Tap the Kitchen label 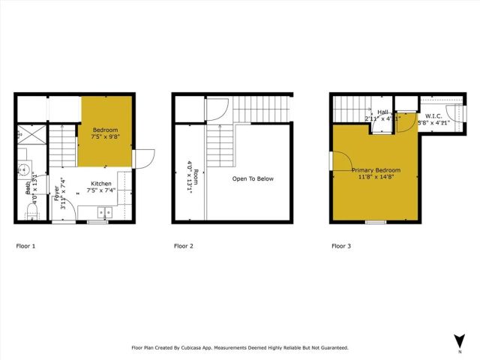point(102,184)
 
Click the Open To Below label point(253,178)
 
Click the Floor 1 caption point(25,246)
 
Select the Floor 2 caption point(184,246)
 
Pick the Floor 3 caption point(340,246)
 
